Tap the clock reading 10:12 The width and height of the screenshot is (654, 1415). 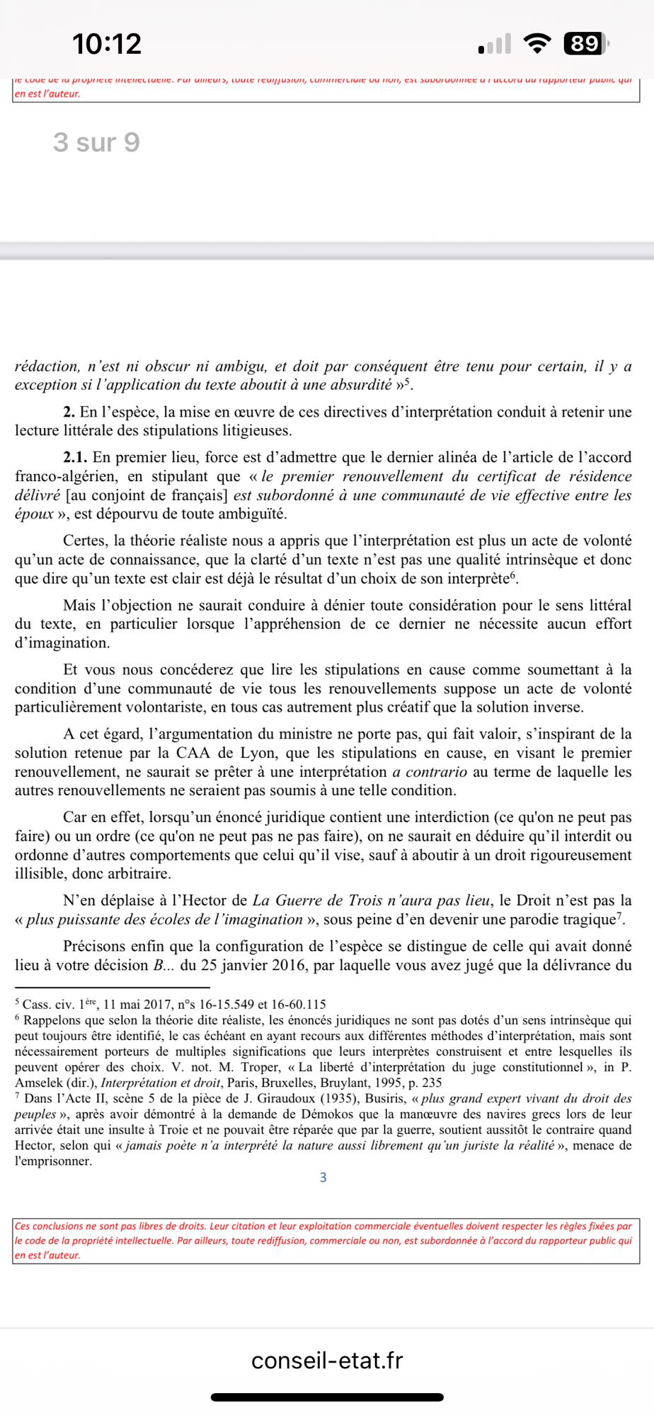107,44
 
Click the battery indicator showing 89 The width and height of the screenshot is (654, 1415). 585,44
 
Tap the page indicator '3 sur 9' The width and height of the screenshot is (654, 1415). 96,142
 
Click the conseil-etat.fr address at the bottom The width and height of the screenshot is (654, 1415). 327,1360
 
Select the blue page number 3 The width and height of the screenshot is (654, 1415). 323,1177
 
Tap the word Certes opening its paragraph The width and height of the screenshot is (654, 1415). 86,541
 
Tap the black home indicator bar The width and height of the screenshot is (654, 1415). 327,1397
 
